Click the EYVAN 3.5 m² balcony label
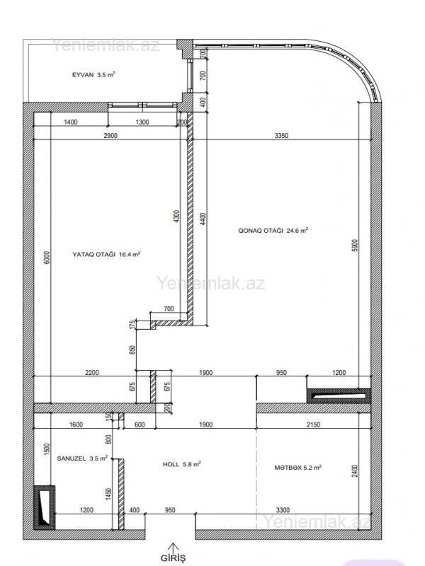click(x=93, y=75)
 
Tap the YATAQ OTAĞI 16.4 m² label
click(x=106, y=254)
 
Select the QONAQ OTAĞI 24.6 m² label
click(x=273, y=230)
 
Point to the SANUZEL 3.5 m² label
click(x=82, y=458)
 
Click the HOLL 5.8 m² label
click(x=182, y=464)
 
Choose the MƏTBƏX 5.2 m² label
click(x=297, y=468)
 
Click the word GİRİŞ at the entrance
click(x=173, y=558)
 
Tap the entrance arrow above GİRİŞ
click(x=174, y=547)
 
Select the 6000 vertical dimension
click(x=47, y=258)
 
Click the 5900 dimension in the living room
click(x=355, y=246)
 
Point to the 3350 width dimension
click(x=281, y=136)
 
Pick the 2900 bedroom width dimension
click(x=110, y=136)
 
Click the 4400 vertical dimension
click(x=203, y=219)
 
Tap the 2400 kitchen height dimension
click(x=355, y=471)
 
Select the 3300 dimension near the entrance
click(x=283, y=510)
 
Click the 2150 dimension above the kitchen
click(x=313, y=425)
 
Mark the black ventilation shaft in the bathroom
click(x=45, y=507)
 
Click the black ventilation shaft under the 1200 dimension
click(x=339, y=395)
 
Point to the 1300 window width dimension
click(x=142, y=122)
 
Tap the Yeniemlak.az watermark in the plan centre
click(x=210, y=283)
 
